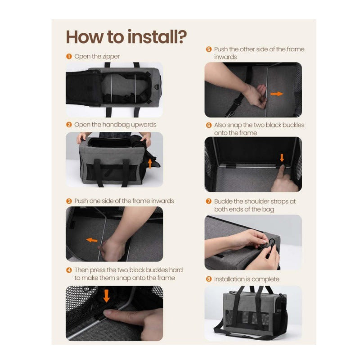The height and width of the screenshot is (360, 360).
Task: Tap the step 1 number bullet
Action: (69, 57)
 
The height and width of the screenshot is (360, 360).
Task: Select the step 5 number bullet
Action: (208, 49)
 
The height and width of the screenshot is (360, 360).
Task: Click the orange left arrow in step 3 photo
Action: (92, 240)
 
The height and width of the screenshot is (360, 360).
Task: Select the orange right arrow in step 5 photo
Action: (277, 94)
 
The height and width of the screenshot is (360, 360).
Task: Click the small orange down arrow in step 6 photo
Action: (282, 157)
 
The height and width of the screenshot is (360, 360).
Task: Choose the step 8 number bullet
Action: (208, 279)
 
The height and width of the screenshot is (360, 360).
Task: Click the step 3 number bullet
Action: (69, 201)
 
